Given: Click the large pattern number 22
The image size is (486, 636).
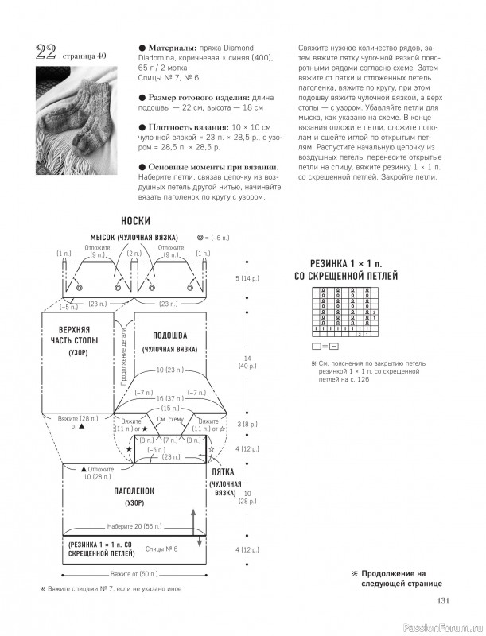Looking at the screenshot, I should [x=45, y=53].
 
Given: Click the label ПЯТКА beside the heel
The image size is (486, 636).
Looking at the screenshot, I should [x=222, y=471].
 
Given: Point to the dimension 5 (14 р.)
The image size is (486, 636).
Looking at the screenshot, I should [x=248, y=279].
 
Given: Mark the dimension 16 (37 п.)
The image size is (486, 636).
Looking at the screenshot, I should [x=170, y=398].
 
